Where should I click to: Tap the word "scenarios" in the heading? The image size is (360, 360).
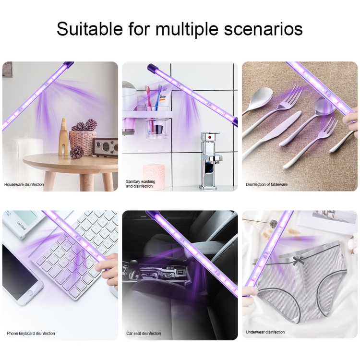[263, 29]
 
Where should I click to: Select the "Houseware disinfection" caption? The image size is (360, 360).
[24, 184]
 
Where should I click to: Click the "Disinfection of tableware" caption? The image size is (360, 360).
[266, 184]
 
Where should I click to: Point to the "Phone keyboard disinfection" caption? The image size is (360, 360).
[31, 333]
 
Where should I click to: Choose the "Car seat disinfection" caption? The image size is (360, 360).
[144, 333]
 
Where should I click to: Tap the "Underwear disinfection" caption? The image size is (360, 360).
[265, 332]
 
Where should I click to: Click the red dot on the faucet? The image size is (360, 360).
[210, 138]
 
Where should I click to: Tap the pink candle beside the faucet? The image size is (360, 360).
[154, 177]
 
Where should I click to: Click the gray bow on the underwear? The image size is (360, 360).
[298, 260]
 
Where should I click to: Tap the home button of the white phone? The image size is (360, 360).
[30, 293]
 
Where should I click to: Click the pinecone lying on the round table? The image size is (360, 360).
[77, 152]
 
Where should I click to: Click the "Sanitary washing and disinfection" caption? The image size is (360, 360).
[140, 184]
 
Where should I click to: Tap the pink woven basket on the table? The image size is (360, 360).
[83, 143]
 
